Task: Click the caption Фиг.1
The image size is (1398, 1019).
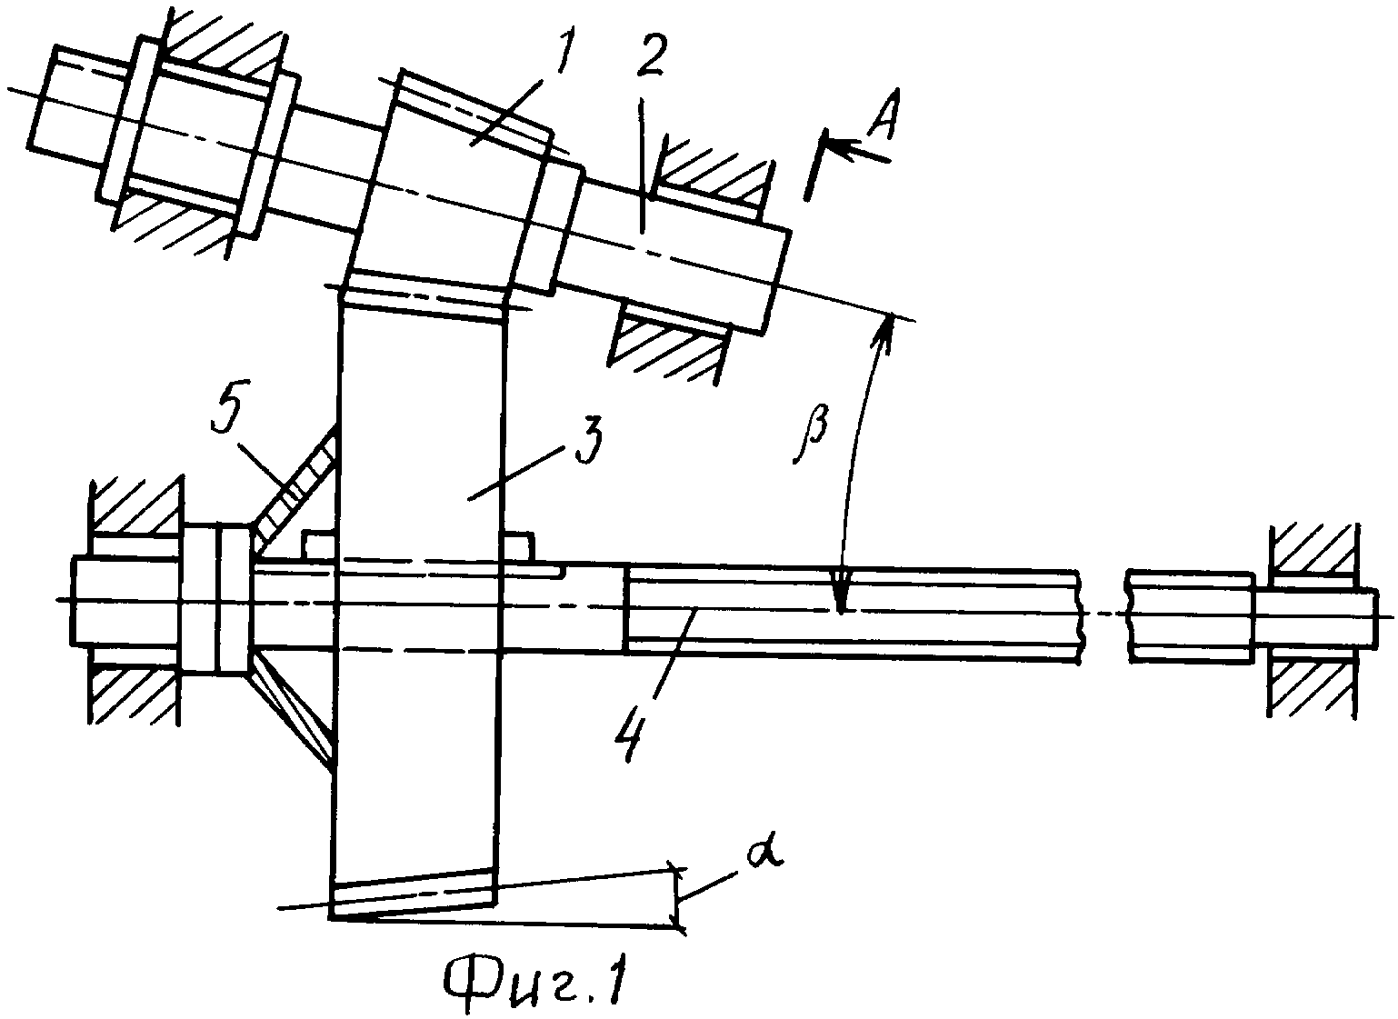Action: pyautogui.click(x=535, y=983)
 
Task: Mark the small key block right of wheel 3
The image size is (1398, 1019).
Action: pyautogui.click(x=517, y=546)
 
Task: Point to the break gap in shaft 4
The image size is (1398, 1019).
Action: pyautogui.click(x=1103, y=614)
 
